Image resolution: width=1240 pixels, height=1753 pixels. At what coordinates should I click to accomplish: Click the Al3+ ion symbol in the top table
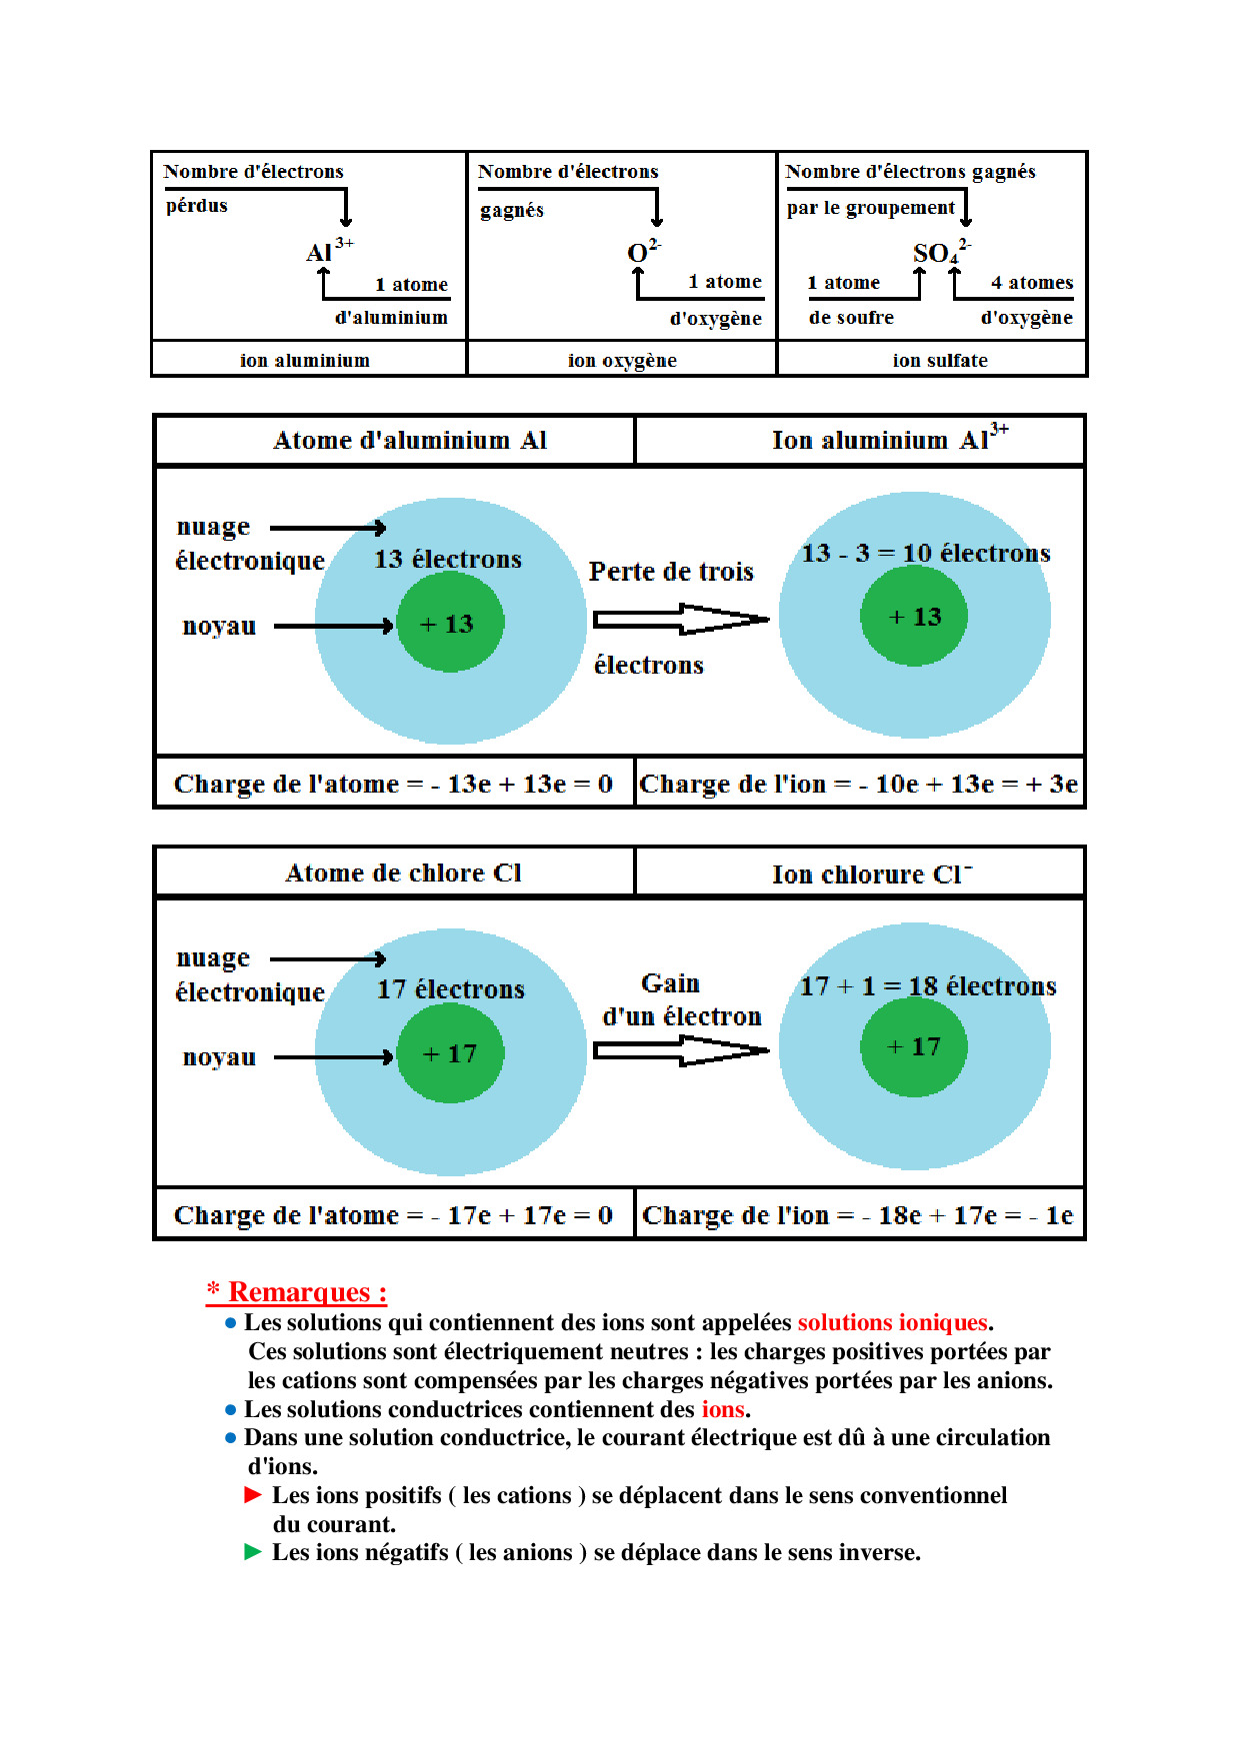(328, 251)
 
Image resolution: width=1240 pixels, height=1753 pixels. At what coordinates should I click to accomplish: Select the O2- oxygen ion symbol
(642, 252)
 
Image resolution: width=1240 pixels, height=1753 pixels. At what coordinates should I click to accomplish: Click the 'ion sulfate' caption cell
(939, 360)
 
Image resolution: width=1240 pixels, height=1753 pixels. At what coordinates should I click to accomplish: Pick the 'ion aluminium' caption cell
(304, 360)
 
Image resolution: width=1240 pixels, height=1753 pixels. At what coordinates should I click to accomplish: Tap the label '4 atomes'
(1031, 283)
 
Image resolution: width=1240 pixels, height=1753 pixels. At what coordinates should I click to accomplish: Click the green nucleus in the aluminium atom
(450, 624)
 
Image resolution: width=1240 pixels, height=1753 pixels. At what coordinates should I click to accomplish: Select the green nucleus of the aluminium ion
(914, 617)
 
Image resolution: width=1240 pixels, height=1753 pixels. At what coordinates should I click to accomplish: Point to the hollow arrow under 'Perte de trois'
(681, 620)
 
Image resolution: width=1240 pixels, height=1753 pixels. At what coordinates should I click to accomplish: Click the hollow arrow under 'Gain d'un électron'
(681, 1050)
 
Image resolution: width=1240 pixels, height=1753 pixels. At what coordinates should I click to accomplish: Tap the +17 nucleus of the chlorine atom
(450, 1053)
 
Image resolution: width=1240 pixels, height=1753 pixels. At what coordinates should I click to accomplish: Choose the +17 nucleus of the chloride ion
(914, 1046)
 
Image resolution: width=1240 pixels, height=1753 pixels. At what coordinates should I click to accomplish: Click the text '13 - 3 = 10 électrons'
(925, 553)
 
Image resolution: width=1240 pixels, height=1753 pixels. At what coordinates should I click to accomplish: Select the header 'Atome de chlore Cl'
(403, 873)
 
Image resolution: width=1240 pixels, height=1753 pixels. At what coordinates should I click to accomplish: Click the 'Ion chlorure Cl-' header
(870, 875)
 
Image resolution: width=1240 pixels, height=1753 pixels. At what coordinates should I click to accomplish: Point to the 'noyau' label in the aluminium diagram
(219, 627)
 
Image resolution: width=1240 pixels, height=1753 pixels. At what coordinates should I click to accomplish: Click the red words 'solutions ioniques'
(892, 1322)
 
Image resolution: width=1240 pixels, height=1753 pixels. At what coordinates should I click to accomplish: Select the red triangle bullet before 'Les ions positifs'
(253, 1495)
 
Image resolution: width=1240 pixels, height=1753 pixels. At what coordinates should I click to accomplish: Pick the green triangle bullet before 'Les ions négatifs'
(253, 1552)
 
